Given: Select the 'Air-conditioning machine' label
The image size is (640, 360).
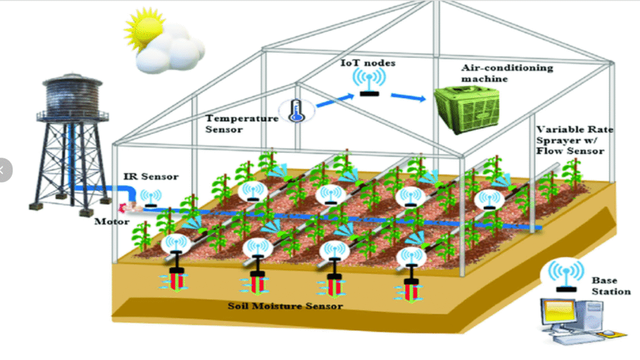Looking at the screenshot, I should pyautogui.click(x=497, y=73).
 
